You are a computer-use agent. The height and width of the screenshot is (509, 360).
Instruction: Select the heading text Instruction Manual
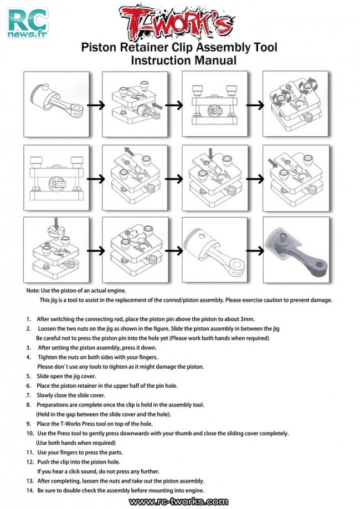(x=183, y=60)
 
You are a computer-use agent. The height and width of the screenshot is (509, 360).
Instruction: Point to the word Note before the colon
(x=33, y=290)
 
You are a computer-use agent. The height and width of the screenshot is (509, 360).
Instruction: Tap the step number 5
(x=28, y=376)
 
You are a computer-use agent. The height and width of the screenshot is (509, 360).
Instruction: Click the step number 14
(x=30, y=491)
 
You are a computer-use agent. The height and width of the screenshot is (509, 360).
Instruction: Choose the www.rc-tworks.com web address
(x=179, y=502)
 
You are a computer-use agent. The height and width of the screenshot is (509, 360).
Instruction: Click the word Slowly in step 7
(x=46, y=395)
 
